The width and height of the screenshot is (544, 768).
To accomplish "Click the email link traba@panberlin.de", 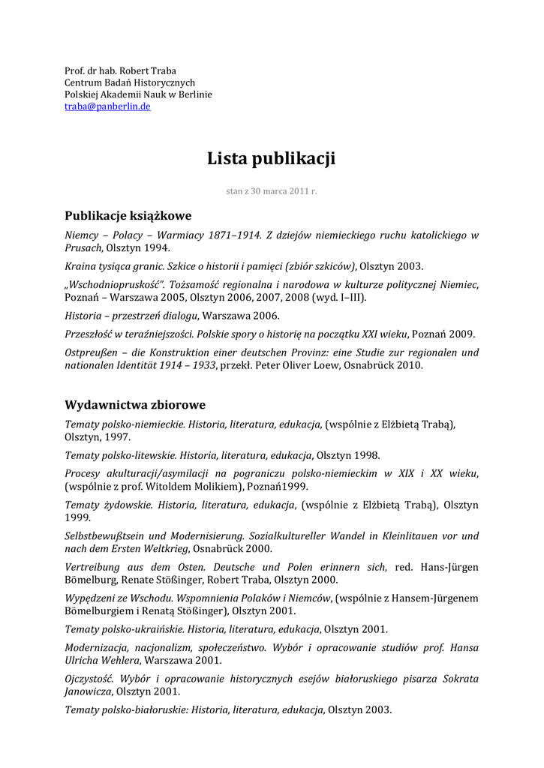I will (x=107, y=107).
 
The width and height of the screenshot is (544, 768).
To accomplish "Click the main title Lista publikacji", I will (x=271, y=158).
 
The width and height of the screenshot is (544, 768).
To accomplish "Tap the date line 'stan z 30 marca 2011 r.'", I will (x=272, y=191).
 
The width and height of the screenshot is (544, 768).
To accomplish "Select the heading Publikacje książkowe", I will (x=128, y=215).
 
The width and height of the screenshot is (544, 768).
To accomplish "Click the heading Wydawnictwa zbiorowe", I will (x=135, y=405).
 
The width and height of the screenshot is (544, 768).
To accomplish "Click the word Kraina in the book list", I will (x=80, y=266).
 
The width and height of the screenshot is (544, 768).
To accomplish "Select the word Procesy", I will (x=83, y=474).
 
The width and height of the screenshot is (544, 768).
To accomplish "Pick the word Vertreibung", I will (x=94, y=567).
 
